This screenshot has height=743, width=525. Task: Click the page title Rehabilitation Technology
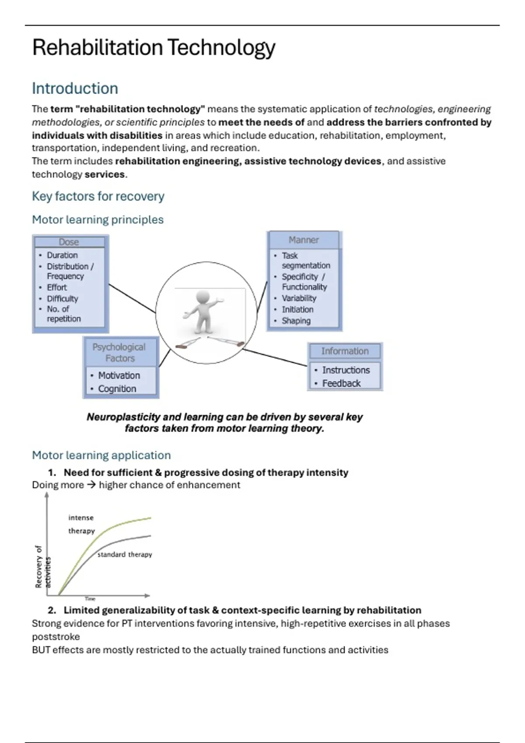point(154,47)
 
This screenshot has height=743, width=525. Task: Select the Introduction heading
point(75,88)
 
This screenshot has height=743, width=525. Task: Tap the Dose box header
point(69,242)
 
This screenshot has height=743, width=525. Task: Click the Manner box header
point(304,240)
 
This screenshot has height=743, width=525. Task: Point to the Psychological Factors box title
point(119,352)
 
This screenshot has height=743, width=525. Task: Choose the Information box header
point(345,351)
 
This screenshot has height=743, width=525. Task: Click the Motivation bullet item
point(119,375)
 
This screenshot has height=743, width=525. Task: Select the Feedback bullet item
point(341,383)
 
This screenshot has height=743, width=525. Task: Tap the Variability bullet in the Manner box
point(299,298)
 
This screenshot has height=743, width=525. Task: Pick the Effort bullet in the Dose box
point(57,287)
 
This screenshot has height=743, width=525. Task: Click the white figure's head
point(203,297)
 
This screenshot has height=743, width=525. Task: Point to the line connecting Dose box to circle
point(132,298)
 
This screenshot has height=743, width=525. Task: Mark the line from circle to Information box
point(275,357)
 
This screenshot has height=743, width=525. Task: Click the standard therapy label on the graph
point(125,554)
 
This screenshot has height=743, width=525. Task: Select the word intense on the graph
point(81,517)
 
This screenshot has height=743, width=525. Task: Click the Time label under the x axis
point(90,598)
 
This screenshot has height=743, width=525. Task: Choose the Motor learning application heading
point(101,455)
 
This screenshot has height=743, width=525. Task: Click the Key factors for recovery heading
point(98,196)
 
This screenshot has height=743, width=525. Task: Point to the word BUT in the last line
point(41,650)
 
